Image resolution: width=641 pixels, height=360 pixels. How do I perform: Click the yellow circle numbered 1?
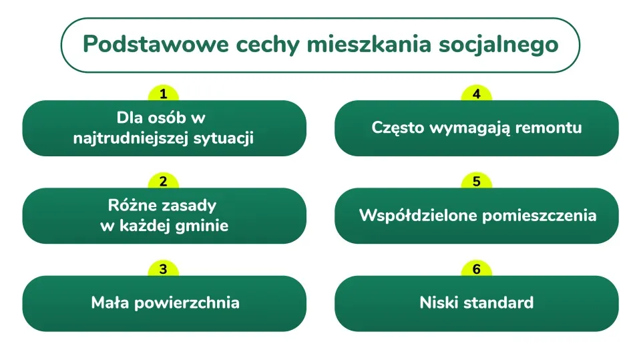click(164, 94)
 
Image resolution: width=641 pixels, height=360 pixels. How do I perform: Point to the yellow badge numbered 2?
click(164, 182)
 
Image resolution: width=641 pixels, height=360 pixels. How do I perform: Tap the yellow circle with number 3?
click(164, 270)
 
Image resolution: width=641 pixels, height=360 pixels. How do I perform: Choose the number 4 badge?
click(476, 94)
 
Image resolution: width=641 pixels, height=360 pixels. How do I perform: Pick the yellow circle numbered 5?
click(476, 182)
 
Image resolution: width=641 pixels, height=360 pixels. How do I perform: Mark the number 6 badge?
click(476, 270)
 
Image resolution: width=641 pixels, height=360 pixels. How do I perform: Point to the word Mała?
click(110, 303)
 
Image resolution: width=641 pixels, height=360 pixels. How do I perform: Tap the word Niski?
click(437, 303)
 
